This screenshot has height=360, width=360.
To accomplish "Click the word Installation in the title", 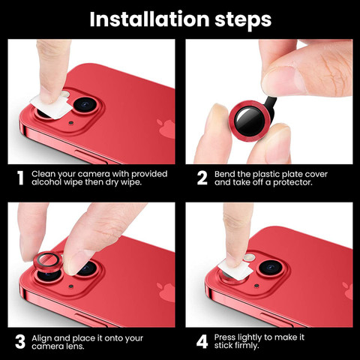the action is click(149, 19).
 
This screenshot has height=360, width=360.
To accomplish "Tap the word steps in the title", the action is click(243, 20).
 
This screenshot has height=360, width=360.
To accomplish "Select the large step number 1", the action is click(20, 178).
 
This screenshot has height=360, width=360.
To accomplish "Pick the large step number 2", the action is click(202, 178).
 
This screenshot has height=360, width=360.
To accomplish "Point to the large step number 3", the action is click(20, 342).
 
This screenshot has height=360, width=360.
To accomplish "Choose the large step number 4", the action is click(202, 342).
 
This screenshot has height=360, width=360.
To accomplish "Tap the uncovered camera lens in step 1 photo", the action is click(85, 104).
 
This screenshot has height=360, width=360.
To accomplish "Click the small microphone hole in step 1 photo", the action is click(71, 123).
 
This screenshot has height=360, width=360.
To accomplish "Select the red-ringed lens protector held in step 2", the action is click(250, 121).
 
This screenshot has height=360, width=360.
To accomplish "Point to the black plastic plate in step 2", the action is click(270, 106).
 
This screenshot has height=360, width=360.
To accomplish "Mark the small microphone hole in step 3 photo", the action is click(71, 286).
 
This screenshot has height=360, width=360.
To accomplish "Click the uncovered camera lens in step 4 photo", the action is click(271, 268).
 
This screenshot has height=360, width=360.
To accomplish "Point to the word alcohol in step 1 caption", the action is click(46, 182).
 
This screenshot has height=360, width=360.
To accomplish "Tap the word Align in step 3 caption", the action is click(41, 338).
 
